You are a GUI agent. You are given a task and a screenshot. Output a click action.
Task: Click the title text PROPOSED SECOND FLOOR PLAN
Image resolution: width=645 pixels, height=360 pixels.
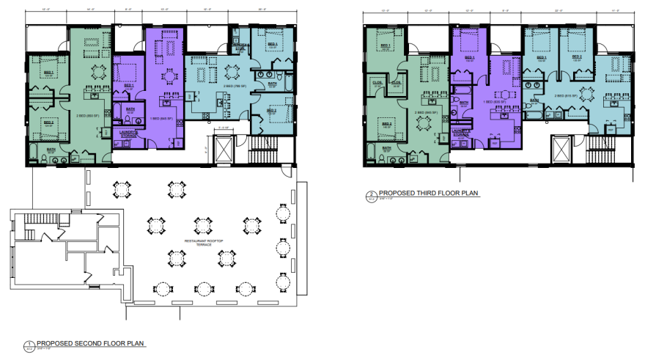[91, 343]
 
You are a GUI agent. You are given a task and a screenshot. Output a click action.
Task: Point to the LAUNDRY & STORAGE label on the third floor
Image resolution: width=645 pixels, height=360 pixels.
[460, 133]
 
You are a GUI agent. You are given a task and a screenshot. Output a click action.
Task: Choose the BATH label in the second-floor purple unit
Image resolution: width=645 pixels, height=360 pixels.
[130, 109]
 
